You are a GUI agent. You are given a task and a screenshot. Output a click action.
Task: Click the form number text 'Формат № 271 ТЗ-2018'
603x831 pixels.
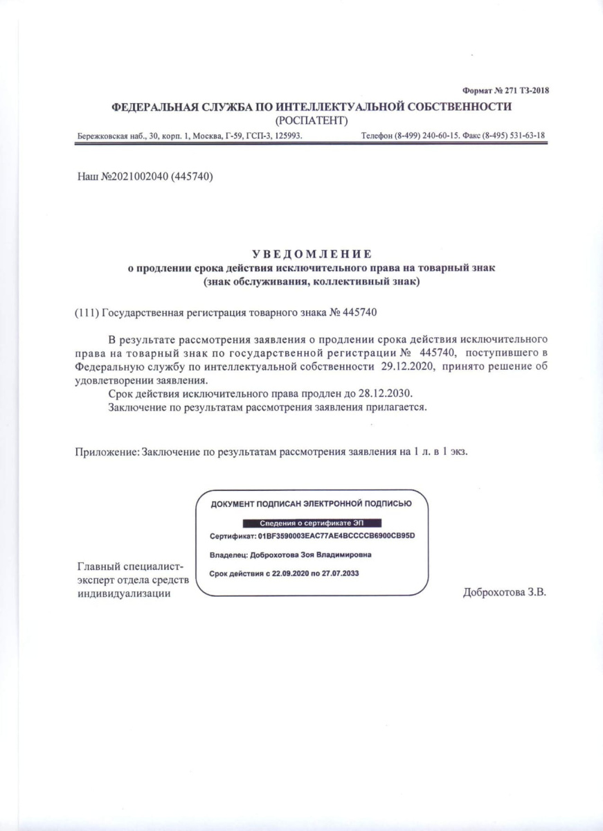click(x=505, y=91)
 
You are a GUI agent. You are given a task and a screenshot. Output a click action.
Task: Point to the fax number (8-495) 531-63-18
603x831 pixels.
click(x=513, y=136)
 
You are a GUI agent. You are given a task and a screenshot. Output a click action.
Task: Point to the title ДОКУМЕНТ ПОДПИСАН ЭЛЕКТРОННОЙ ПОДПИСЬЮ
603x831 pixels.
click(x=312, y=504)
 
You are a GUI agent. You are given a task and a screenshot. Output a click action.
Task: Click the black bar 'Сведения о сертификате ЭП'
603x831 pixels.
click(x=312, y=523)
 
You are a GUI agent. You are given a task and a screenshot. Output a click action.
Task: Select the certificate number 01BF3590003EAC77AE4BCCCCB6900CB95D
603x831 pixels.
click(x=340, y=537)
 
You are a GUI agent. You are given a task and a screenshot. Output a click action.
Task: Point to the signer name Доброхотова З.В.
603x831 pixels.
click(x=505, y=593)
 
